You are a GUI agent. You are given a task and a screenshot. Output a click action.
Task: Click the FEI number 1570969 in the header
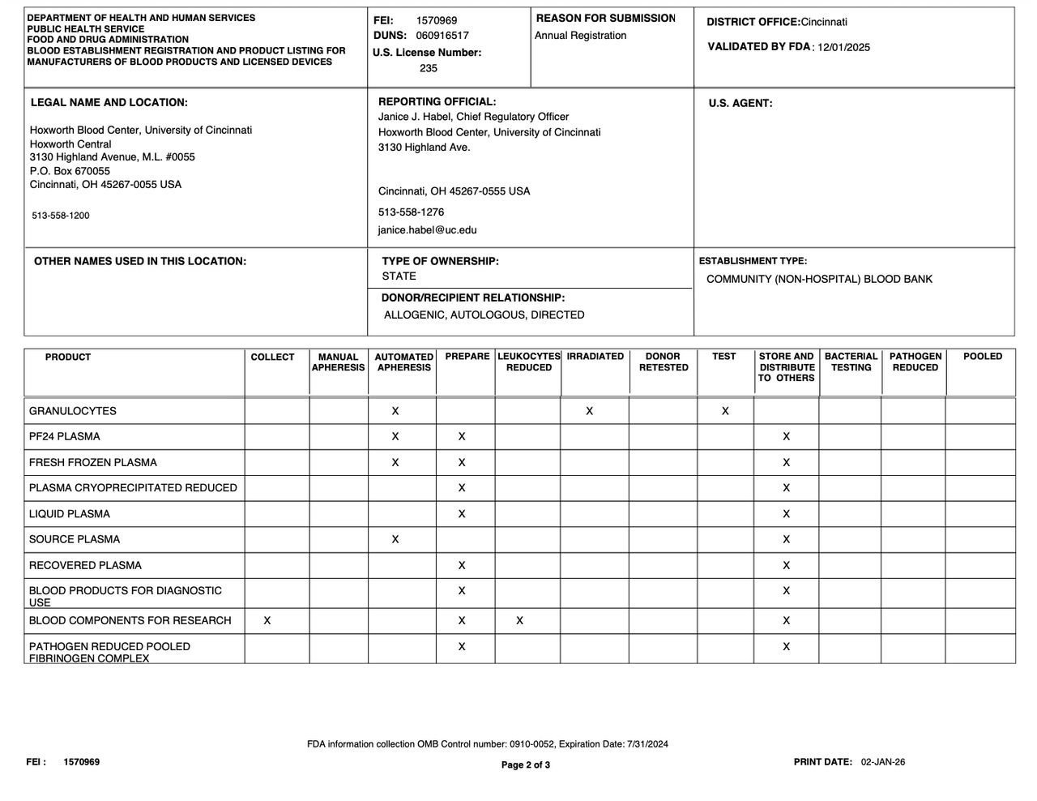coord(437,20)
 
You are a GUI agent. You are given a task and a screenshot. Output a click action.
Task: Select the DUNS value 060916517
coord(442,36)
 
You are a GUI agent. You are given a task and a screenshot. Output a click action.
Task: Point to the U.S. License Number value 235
coord(429,68)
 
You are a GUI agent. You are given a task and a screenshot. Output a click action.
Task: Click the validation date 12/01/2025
coord(843,47)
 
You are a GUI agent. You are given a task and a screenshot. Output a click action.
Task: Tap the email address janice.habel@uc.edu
coord(427,230)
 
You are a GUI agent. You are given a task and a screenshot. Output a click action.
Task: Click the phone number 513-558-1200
coord(61,216)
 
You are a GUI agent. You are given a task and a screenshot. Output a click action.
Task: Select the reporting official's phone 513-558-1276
coord(411,212)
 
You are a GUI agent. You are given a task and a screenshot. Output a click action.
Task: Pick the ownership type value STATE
coord(399,276)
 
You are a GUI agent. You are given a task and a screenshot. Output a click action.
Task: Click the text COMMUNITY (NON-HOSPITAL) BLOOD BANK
coord(819,279)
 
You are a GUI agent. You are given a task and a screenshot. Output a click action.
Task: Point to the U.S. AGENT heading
coord(740,103)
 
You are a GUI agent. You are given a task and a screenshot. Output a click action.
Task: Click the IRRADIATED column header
coord(595,357)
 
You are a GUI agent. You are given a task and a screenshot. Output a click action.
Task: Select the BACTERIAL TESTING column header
coord(851,362)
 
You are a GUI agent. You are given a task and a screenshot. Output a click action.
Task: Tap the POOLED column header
coord(983,357)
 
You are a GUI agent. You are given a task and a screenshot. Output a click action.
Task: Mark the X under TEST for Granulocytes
coord(725,411)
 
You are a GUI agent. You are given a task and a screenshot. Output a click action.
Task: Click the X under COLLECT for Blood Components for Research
coord(267,621)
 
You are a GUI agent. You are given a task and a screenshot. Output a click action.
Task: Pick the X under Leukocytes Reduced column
coord(520,621)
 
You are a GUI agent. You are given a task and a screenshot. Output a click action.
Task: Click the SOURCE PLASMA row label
coord(75,540)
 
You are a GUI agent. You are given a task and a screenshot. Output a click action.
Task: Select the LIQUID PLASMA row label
coord(70,514)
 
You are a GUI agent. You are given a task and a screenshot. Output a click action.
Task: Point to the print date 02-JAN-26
coord(883,762)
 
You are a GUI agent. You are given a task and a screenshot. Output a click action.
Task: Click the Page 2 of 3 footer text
coord(526,765)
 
